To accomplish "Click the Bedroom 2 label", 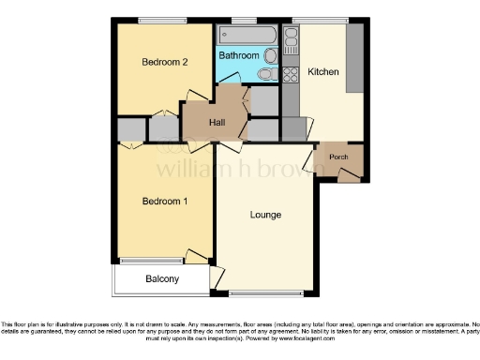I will coord(165,62).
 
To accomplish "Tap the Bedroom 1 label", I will coord(165,202).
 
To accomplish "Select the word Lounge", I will coord(265,216).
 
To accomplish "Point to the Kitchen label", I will coord(323,72).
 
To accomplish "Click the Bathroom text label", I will coord(238,56).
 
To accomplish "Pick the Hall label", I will coord(217,123).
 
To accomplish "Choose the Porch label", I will coord(337,157).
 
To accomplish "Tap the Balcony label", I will coord(162,279).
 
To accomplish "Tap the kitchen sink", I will coord(291,40).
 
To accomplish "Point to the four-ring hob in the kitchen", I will coord(291,73).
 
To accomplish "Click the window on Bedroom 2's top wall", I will coord(165,21).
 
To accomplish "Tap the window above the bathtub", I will coord(246,21).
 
